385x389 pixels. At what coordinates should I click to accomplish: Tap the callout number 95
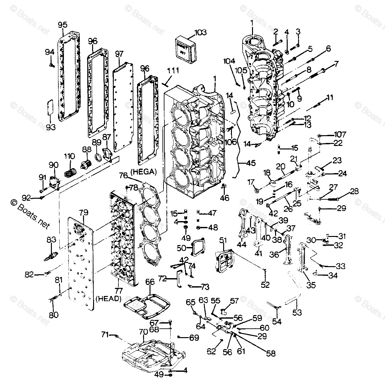63,25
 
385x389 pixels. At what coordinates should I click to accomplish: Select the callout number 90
53,166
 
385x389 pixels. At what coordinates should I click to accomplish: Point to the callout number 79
84,213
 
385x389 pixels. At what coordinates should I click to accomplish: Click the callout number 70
143,332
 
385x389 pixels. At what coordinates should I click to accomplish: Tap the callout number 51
223,240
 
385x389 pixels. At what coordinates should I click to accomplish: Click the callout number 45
250,163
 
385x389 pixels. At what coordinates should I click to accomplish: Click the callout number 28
354,191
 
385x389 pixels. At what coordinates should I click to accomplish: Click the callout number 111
173,71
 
